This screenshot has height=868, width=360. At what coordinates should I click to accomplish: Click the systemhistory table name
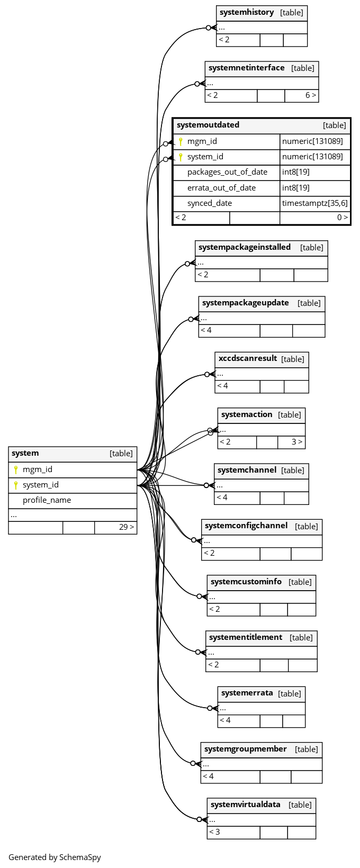coord(247,12)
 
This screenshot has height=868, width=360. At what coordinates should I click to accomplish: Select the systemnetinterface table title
coord(247,68)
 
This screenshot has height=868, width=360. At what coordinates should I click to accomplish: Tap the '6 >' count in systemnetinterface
coord(311,95)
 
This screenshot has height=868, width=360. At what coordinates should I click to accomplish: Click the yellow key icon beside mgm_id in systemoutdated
coord(181,141)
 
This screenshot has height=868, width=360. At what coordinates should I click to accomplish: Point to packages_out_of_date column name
coord(227,172)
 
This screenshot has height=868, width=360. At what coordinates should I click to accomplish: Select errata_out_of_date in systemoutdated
coord(221,188)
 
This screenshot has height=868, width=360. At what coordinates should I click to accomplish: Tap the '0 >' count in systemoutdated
coord(342,218)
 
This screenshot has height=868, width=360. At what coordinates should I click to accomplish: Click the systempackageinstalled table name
coord(244,247)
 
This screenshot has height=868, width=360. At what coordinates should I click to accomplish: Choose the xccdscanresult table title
coord(248,358)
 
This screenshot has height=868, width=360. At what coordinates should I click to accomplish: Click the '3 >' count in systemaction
coord(297,442)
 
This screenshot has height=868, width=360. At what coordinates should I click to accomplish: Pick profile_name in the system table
coord(47,500)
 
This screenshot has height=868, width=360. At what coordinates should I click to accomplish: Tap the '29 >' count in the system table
coord(127,527)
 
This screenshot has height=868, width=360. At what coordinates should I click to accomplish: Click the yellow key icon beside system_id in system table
coord(16,485)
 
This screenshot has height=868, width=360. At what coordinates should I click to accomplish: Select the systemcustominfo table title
coord(246,582)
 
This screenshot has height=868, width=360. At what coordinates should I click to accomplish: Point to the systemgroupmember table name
coord(245,749)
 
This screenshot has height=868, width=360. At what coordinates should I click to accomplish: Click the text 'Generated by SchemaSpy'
coord(55,857)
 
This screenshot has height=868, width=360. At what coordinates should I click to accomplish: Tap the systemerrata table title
coord(247,693)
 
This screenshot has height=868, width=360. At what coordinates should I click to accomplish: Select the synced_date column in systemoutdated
coord(209,203)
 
